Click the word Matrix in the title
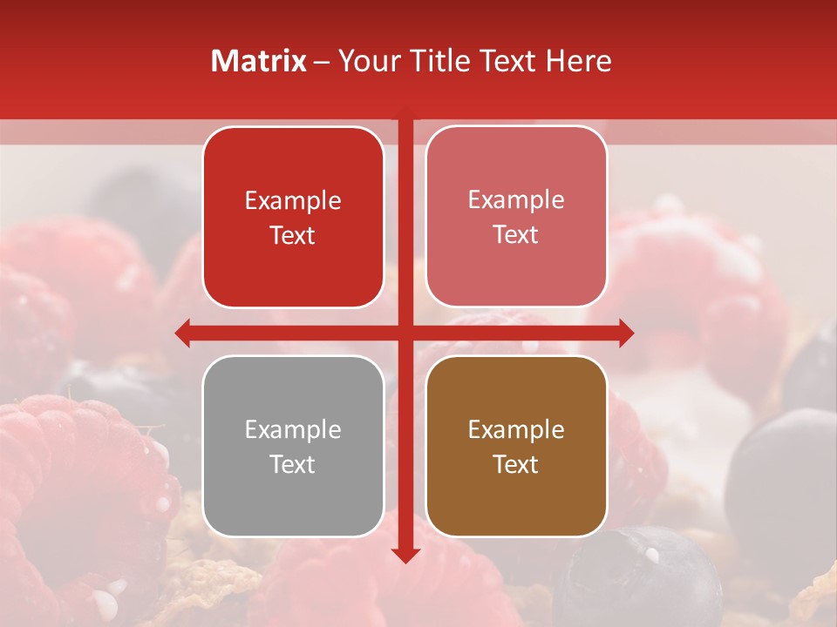259,61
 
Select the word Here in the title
579,61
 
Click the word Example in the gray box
293,430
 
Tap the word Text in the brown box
516,465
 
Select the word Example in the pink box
516,200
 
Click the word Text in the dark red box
293,236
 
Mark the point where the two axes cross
405,333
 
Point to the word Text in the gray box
293,465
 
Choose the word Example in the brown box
516,430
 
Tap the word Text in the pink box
516,235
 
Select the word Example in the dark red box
293,201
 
